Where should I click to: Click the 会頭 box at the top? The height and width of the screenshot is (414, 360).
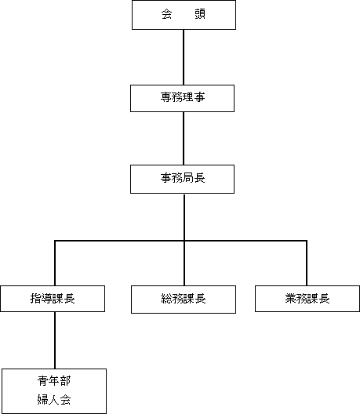click(x=184, y=15)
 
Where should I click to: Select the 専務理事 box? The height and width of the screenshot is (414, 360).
click(x=182, y=98)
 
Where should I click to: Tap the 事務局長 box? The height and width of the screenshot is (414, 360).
click(x=182, y=179)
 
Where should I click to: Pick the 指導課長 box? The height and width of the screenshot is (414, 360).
click(x=53, y=299)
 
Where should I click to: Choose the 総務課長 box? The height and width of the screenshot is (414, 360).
click(x=184, y=300)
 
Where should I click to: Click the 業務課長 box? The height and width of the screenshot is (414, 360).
click(x=307, y=299)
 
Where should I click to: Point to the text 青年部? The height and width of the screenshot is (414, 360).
click(x=54, y=381)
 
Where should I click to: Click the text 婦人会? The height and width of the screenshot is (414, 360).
click(x=54, y=399)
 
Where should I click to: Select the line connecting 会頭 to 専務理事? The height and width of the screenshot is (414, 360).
click(x=184, y=57)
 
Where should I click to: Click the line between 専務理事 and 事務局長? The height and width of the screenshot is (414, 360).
click(x=184, y=139)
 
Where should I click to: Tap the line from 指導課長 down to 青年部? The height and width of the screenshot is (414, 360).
click(x=55, y=340)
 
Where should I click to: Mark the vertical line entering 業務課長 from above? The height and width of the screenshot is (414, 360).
click(x=307, y=263)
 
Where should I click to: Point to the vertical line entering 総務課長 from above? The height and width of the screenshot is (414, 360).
click(x=184, y=263)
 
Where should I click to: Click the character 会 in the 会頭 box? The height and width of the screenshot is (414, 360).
click(x=166, y=14)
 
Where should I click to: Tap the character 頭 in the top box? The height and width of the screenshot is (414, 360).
click(x=200, y=14)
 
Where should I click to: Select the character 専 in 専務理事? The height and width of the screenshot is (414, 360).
click(x=166, y=97)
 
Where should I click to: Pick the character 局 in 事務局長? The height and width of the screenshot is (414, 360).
click(x=188, y=178)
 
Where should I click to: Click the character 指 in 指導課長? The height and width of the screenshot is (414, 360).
click(x=36, y=299)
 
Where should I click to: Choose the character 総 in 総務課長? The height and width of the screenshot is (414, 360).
click(x=167, y=299)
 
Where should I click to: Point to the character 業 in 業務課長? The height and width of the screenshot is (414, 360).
click(x=291, y=299)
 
